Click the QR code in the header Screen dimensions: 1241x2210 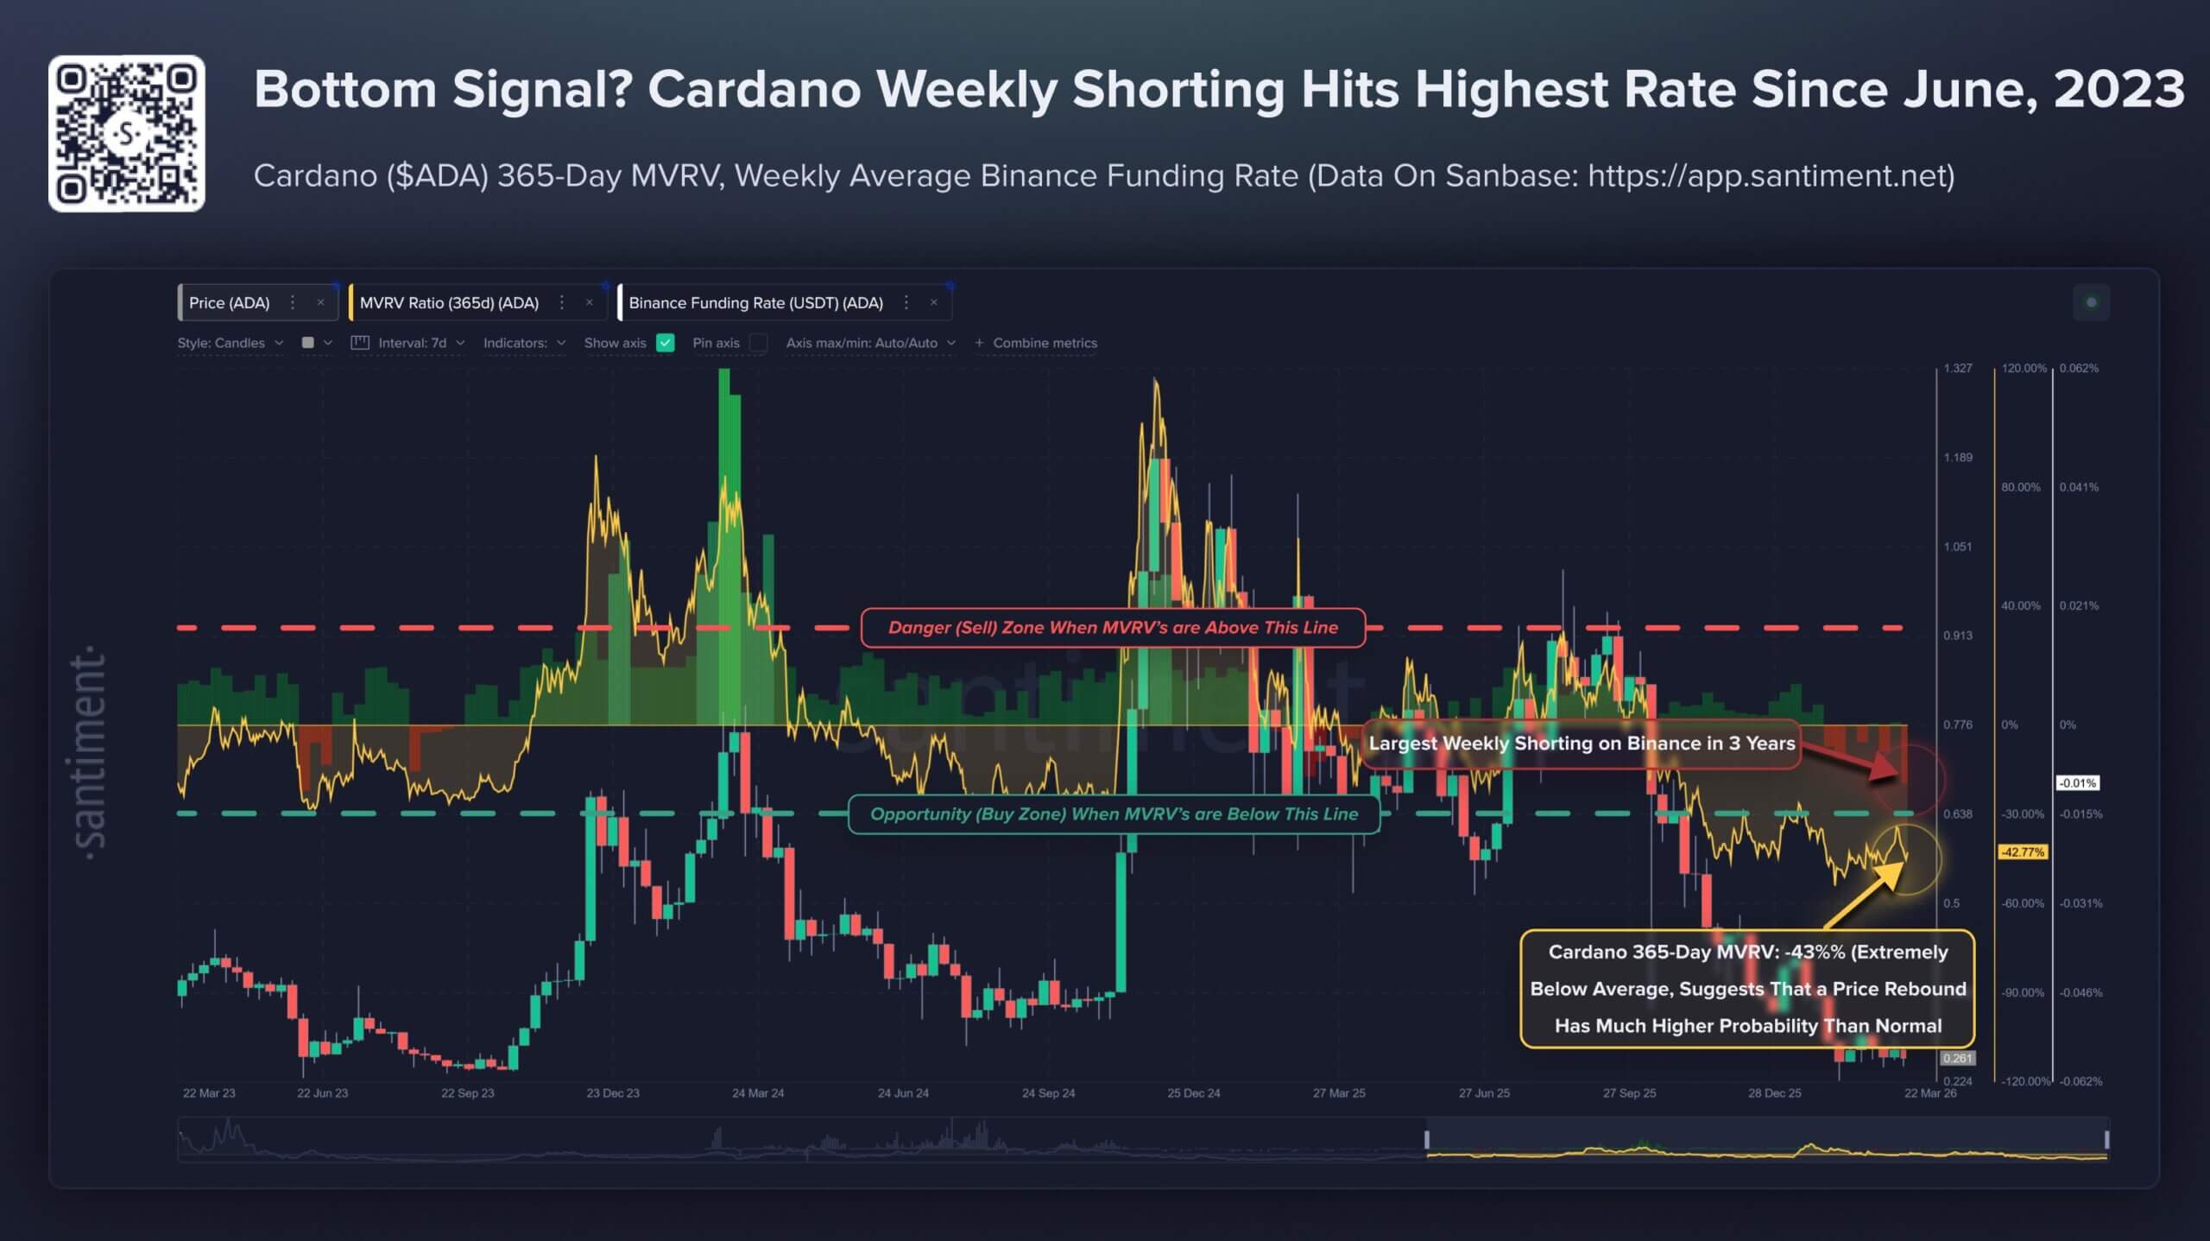click(x=126, y=134)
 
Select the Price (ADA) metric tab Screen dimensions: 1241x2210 click(x=230, y=303)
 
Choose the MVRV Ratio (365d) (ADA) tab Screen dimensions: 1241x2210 click(x=449, y=303)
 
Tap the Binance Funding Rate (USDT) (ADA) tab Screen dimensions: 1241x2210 click(x=755, y=303)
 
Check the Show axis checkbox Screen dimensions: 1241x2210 click(x=665, y=343)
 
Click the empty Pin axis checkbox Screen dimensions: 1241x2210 click(x=759, y=343)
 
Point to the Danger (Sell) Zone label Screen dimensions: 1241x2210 click(x=1113, y=628)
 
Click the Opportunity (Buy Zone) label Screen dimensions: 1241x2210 click(x=1114, y=814)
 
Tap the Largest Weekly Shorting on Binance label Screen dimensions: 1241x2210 click(x=1581, y=744)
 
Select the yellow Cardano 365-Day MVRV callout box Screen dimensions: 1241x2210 click(x=1747, y=989)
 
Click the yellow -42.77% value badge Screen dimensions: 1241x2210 click(x=2023, y=852)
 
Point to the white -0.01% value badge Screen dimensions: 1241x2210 click(x=2076, y=783)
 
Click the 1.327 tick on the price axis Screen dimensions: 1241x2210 click(x=1958, y=368)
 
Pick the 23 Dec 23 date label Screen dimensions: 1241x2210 click(x=613, y=1093)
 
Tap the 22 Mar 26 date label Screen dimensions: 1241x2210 click(x=1930, y=1093)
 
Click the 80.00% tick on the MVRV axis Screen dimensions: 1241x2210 click(x=2020, y=487)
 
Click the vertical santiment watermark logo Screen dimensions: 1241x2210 click(x=89, y=751)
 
